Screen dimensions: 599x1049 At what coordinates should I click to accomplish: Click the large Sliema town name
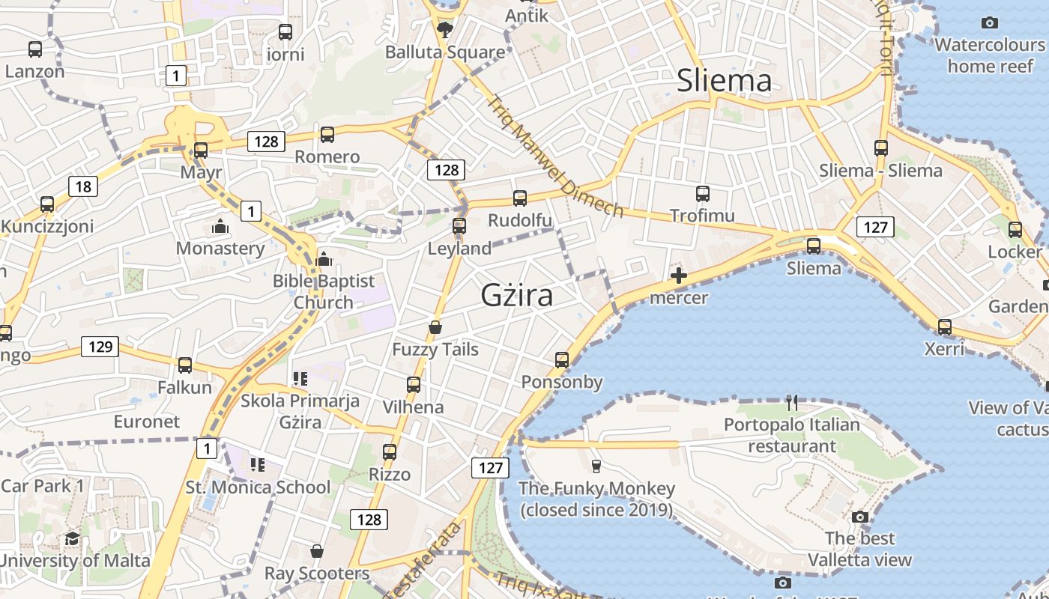click(724, 81)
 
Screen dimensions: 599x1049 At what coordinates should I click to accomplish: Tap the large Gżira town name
click(517, 295)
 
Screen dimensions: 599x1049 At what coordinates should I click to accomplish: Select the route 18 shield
click(83, 186)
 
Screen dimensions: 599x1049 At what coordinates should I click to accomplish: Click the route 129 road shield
click(100, 346)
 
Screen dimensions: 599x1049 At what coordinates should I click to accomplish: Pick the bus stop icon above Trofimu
click(703, 194)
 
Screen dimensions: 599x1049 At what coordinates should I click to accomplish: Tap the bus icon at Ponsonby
click(562, 360)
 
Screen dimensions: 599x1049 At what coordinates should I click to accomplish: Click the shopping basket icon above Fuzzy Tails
click(435, 327)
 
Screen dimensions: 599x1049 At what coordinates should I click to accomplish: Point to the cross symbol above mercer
click(679, 276)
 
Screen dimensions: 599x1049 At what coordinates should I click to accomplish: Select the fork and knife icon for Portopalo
click(793, 403)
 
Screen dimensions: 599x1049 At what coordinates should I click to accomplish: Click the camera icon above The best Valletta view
click(860, 517)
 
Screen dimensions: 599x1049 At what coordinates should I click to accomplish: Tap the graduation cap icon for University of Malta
click(72, 538)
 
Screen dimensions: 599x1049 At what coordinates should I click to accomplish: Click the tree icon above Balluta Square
click(445, 30)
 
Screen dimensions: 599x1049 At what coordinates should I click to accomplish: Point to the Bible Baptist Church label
click(323, 291)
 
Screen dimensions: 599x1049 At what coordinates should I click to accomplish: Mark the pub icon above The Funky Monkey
click(596, 466)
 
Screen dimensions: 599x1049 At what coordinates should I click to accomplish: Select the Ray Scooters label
click(317, 574)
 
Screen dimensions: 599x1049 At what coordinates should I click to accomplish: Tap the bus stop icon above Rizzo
click(390, 452)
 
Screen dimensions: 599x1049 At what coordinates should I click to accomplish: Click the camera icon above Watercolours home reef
click(990, 23)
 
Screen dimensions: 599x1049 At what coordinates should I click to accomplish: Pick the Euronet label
click(147, 422)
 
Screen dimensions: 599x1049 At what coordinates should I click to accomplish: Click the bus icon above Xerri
click(945, 327)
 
